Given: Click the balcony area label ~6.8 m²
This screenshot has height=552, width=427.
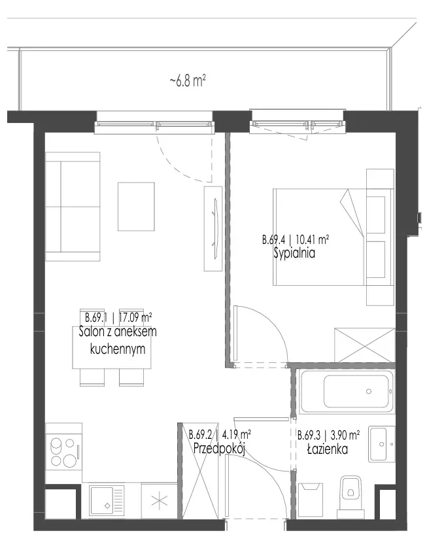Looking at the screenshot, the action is (187, 81).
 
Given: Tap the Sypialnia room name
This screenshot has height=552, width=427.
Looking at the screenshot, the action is (294, 254).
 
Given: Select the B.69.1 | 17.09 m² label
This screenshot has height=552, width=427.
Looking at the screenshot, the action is (118, 318).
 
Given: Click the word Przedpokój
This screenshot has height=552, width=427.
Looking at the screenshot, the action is (219, 449).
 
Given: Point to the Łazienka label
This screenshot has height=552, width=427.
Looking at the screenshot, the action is (328, 449).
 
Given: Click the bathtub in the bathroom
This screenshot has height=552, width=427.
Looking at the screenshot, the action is (347, 391).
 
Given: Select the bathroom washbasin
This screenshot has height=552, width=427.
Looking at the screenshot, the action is (382, 444).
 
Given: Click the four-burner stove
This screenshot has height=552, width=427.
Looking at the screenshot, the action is (63, 452).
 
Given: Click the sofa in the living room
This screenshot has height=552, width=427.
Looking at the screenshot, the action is (73, 207).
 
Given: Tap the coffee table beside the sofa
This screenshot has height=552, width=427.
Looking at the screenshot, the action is (136, 207).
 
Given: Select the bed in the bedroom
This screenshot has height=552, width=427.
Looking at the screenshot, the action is (333, 237).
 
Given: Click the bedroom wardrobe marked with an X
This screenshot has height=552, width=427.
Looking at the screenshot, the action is (365, 345).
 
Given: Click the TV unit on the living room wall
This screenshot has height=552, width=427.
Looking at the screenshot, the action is (213, 229).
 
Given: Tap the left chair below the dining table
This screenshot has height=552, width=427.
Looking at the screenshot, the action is (92, 377).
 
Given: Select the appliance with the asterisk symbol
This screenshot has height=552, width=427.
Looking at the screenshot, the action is (159, 500).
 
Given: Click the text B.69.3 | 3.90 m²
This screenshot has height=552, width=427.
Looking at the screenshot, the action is (328, 435).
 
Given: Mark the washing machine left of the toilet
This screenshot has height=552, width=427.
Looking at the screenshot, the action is (311, 500).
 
